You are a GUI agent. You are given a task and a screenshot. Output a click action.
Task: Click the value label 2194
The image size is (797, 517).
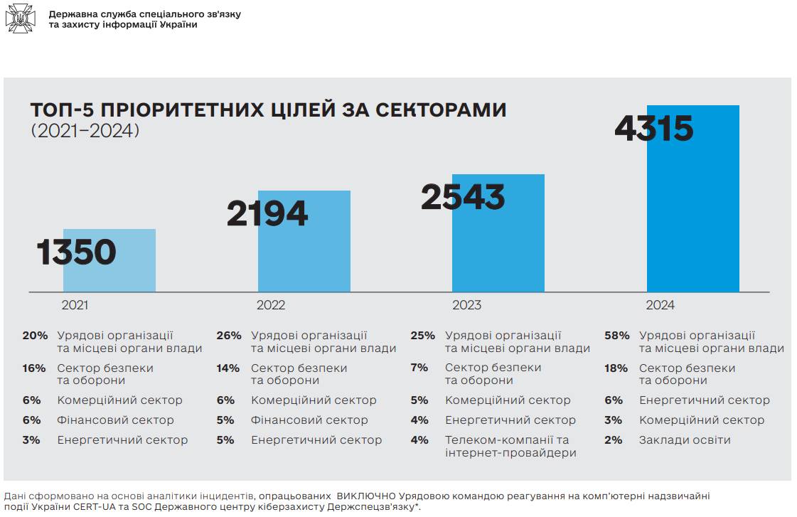click(267, 214)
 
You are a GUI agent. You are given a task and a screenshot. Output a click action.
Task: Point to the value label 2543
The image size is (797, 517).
click(463, 198)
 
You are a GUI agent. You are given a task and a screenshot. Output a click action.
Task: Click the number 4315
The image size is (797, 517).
click(653, 129)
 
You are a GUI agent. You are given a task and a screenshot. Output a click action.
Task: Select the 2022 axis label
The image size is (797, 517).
click(270, 305)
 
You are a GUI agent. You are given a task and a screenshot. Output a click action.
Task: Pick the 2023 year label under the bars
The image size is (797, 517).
click(466, 305)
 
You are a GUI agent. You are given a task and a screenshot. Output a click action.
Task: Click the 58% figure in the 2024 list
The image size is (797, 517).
click(616, 336)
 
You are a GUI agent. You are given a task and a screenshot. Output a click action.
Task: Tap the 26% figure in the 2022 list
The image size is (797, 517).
click(229, 336)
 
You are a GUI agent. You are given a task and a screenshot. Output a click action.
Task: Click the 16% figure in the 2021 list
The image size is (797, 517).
click(34, 368)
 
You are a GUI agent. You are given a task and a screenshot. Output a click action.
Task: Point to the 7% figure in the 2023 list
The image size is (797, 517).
click(419, 368)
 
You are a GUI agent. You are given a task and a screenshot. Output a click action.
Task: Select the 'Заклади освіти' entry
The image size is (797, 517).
click(685, 440)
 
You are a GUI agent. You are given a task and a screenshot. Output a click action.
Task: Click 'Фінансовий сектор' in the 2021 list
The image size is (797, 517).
click(115, 420)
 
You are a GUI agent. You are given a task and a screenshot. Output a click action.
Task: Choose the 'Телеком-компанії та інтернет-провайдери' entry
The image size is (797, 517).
click(510, 447)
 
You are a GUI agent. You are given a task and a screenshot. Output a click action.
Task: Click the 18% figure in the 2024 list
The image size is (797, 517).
click(616, 368)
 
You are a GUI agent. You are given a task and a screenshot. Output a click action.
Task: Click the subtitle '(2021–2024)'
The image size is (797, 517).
click(85, 132)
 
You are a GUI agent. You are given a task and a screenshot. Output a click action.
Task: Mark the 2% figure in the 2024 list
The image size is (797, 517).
click(614, 440)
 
